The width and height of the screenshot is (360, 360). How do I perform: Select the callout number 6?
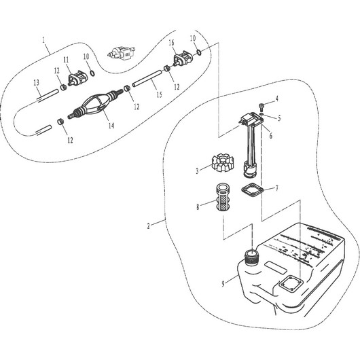coord(270,135)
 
